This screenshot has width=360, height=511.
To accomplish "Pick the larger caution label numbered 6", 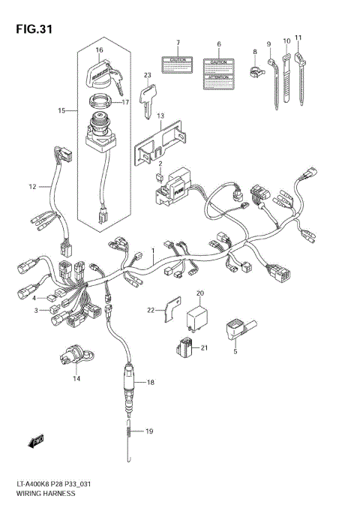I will (x=218, y=72).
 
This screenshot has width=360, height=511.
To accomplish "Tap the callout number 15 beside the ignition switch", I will (x=62, y=111).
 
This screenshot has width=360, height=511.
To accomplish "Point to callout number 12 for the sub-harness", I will (x=32, y=186).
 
